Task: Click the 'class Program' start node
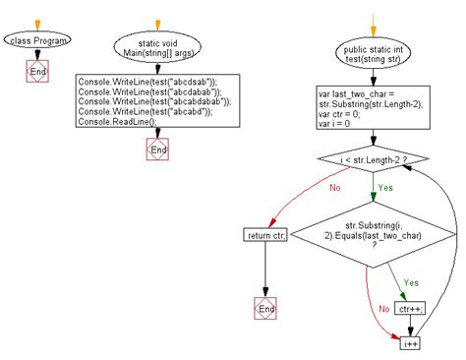tap(35, 40)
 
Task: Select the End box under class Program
tap(35, 71)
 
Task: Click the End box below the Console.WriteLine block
tap(155, 150)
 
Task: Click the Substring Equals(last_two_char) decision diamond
tap(375, 242)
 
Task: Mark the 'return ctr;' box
tap(265, 234)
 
